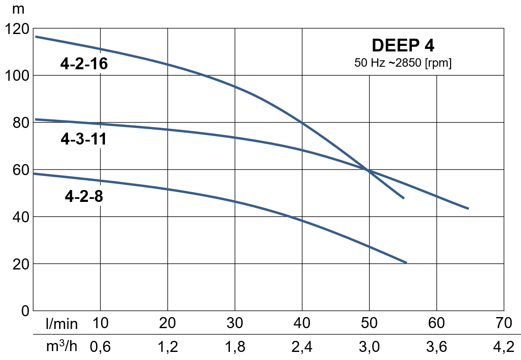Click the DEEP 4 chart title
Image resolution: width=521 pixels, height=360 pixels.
pyautogui.click(x=403, y=45)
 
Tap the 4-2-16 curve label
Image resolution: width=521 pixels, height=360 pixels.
pyautogui.click(x=84, y=64)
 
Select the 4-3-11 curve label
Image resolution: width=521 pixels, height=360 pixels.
pyautogui.click(x=83, y=139)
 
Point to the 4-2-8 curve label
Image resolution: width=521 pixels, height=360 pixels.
pyautogui.click(x=84, y=196)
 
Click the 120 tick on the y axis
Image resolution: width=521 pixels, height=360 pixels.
pyautogui.click(x=16, y=29)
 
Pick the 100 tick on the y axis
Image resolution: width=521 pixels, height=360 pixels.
pyautogui.click(x=16, y=76)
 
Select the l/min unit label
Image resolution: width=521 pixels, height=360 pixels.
pyautogui.click(x=62, y=324)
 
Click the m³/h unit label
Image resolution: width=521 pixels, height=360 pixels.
pyautogui.click(x=62, y=346)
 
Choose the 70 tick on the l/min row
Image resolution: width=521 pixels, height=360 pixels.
pyautogui.click(x=504, y=323)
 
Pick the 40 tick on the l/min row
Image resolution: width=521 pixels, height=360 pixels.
pyautogui.click(x=302, y=323)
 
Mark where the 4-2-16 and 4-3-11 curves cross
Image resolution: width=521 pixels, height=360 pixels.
pyautogui.click(x=368, y=170)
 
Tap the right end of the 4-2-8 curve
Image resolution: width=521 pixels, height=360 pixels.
pyautogui.click(x=406, y=263)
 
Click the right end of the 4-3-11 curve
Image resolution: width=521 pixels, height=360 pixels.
pyautogui.click(x=468, y=208)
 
